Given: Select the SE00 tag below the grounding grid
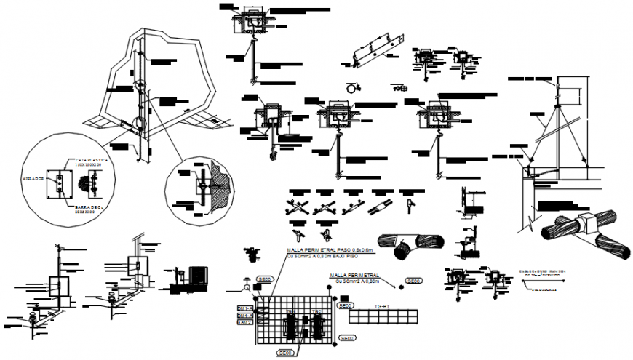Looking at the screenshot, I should [x=284, y=353].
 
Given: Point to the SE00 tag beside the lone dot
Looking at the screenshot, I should [x=414, y=281].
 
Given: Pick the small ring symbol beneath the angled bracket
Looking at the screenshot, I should [x=351, y=87].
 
